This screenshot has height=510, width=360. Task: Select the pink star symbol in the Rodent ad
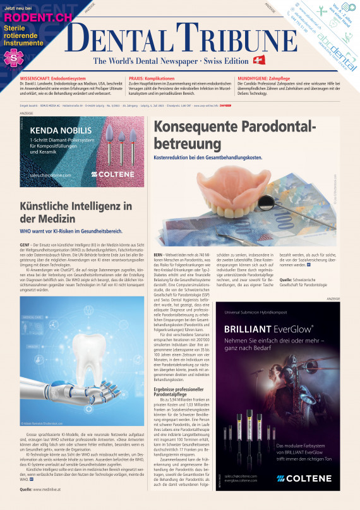click(11, 58)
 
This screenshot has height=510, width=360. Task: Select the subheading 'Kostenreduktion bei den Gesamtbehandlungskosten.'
click(208, 157)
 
